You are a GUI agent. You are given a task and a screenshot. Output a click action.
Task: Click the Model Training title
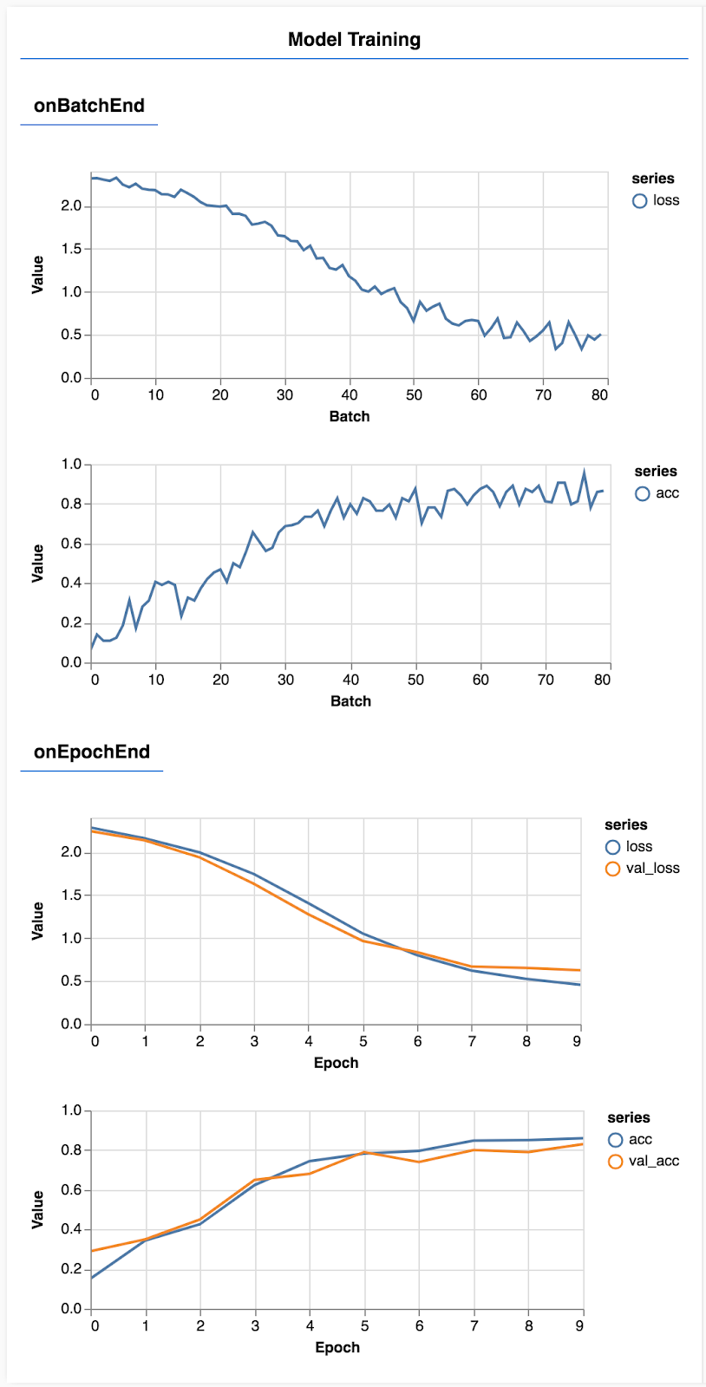pyautogui.click(x=354, y=39)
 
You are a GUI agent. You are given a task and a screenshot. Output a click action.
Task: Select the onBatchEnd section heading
pyautogui.click(x=88, y=106)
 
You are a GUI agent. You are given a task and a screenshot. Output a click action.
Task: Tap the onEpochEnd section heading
pyautogui.click(x=91, y=752)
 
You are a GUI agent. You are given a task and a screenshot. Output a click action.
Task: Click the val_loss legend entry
pyautogui.click(x=652, y=869)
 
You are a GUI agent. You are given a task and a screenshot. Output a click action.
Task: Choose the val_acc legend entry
pyautogui.click(x=654, y=1162)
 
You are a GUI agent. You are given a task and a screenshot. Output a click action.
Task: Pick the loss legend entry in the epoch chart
pyautogui.click(x=638, y=847)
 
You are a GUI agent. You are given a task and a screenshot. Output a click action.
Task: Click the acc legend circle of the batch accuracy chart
pyautogui.click(x=643, y=493)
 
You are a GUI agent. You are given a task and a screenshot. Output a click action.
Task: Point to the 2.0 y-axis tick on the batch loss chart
pyautogui.click(x=71, y=206)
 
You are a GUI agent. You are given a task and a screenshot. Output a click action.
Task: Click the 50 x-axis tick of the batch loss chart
pyautogui.click(x=414, y=395)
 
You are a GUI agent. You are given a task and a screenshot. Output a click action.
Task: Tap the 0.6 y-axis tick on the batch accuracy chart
pyautogui.click(x=71, y=544)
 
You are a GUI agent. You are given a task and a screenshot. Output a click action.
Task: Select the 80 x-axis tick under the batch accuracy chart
pyautogui.click(x=603, y=680)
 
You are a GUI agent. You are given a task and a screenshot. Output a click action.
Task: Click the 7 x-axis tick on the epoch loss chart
pyautogui.click(x=472, y=1041)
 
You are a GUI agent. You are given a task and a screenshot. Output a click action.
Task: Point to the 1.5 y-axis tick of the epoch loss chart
pyautogui.click(x=71, y=895)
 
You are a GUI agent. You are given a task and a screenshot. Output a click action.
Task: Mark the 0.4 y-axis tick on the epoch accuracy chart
pyautogui.click(x=71, y=1230)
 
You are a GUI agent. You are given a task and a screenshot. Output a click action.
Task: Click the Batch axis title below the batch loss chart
pyautogui.click(x=350, y=416)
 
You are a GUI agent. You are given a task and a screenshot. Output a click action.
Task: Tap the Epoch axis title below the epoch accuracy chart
pyautogui.click(x=337, y=1347)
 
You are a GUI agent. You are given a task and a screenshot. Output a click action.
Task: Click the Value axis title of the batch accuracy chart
pyautogui.click(x=37, y=563)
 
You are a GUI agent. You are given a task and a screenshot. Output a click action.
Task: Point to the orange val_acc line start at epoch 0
pyautogui.click(x=93, y=1251)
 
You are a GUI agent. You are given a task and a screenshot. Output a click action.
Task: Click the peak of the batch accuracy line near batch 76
pyautogui.click(x=584, y=472)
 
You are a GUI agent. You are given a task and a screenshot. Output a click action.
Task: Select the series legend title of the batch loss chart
pyautogui.click(x=652, y=179)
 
